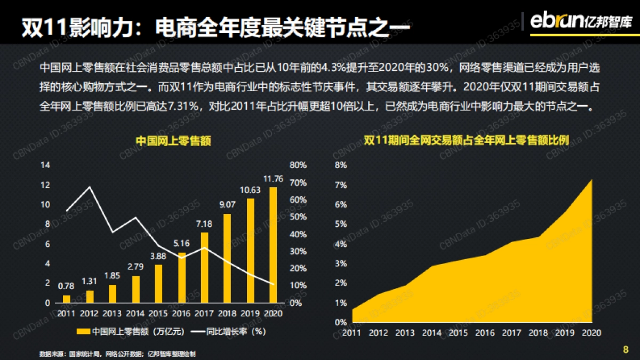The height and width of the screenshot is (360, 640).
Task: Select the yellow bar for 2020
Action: pyautogui.click(x=273, y=245)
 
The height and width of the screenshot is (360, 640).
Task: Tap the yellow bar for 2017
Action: pyautogui.click(x=204, y=267)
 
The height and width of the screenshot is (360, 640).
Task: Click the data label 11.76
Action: pyautogui.click(x=273, y=178)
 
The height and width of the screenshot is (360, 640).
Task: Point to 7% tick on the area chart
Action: pyautogui.click(x=341, y=185)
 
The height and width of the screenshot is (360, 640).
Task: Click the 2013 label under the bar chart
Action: pyautogui.click(x=113, y=313)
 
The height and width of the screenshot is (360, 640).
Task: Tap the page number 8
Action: pyautogui.click(x=626, y=350)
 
